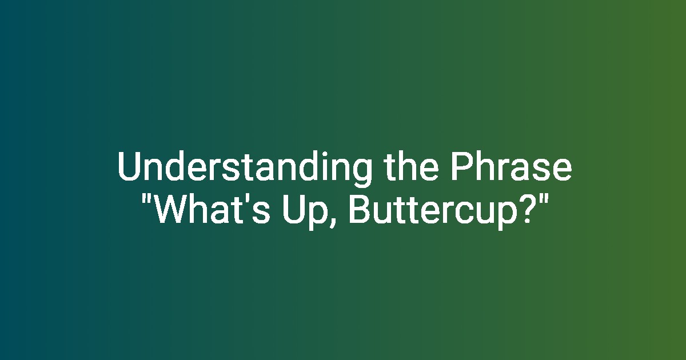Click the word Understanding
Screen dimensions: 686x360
pyautogui.click(x=245, y=169)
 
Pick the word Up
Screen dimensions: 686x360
pyautogui.click(x=304, y=212)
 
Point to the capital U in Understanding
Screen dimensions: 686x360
pyautogui.click(x=129, y=166)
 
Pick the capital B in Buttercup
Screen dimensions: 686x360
pyautogui.click(x=359, y=209)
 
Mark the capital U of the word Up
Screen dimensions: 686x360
pyautogui.click(x=293, y=209)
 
